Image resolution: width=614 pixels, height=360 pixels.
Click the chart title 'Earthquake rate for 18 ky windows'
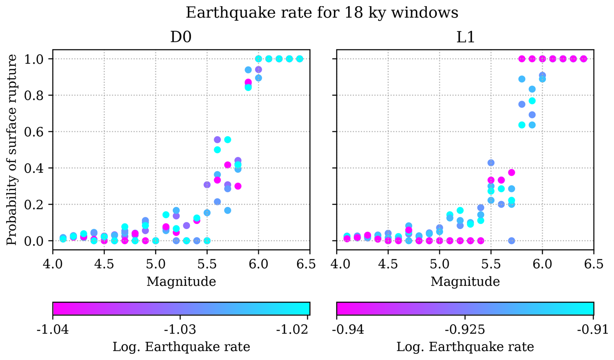pyautogui.click(x=322, y=13)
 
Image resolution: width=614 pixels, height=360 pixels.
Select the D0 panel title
pyautogui.click(x=181, y=37)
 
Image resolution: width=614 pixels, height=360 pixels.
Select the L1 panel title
pyautogui.click(x=465, y=37)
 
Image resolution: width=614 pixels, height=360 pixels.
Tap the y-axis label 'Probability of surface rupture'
pyautogui.click(x=12, y=150)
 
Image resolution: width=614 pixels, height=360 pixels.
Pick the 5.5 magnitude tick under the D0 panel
pyautogui.click(x=207, y=264)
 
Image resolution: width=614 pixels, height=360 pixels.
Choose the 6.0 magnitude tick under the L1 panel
pyautogui.click(x=542, y=264)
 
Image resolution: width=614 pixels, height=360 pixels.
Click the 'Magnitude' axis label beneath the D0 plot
pyautogui.click(x=181, y=282)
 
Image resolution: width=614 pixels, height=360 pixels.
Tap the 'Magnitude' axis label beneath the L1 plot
pyautogui.click(x=465, y=282)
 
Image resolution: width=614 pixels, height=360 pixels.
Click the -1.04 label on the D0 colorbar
pyautogui.click(x=53, y=330)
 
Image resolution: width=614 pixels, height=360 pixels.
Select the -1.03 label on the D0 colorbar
pyautogui.click(x=180, y=330)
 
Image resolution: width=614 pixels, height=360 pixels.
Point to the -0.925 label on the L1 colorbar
pyautogui.click(x=465, y=330)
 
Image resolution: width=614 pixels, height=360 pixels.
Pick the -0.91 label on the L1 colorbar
pyautogui.click(x=593, y=330)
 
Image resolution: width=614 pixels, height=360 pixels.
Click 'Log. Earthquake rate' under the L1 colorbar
pyautogui.click(x=465, y=347)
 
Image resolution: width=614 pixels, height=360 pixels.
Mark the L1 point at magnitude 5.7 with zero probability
pyautogui.click(x=511, y=241)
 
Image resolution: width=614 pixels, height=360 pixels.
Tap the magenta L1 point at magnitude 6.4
pyautogui.click(x=583, y=59)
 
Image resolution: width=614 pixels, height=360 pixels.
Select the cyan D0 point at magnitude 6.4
pyautogui.click(x=300, y=59)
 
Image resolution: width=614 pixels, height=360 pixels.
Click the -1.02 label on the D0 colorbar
pyautogui.click(x=292, y=330)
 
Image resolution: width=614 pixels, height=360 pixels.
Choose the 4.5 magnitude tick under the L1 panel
pyautogui.click(x=388, y=264)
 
